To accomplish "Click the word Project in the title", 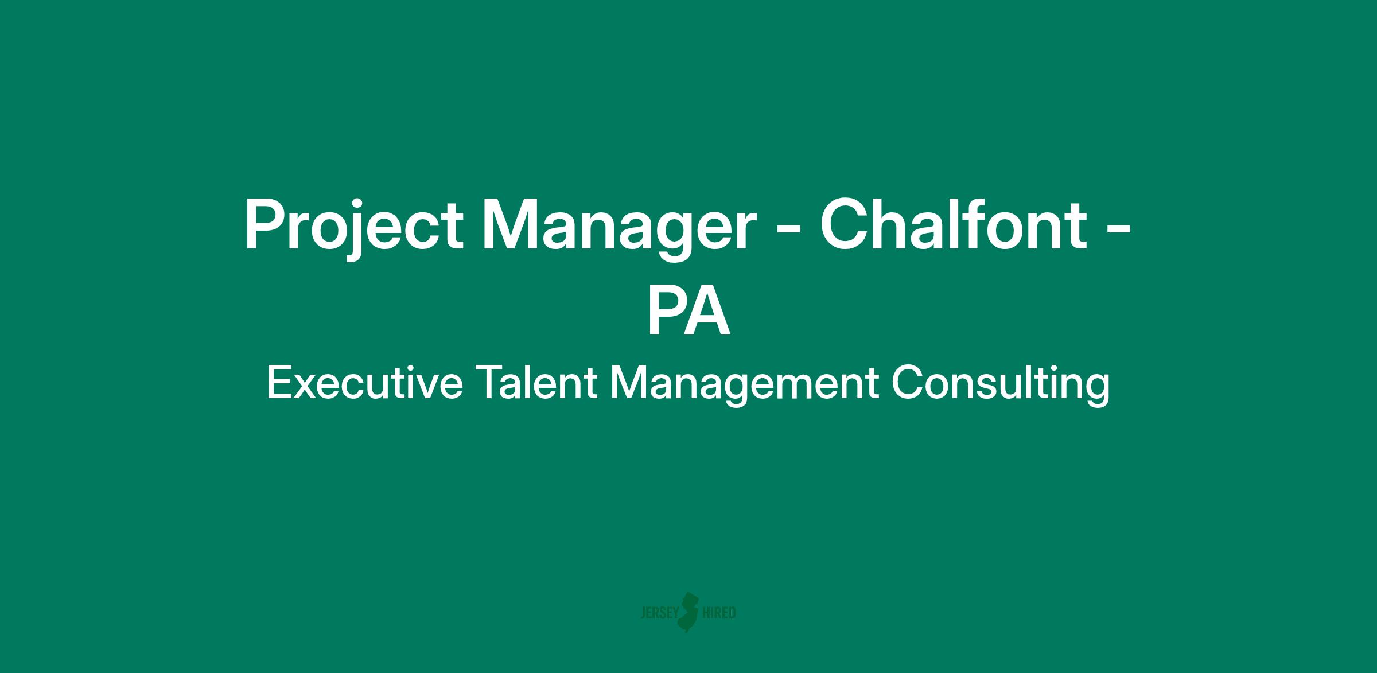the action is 354,227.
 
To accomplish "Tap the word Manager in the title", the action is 616,227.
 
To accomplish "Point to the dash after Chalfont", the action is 1118,231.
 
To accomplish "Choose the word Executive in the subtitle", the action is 364,383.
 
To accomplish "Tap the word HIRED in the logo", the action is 719,613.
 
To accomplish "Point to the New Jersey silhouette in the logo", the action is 690,612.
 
